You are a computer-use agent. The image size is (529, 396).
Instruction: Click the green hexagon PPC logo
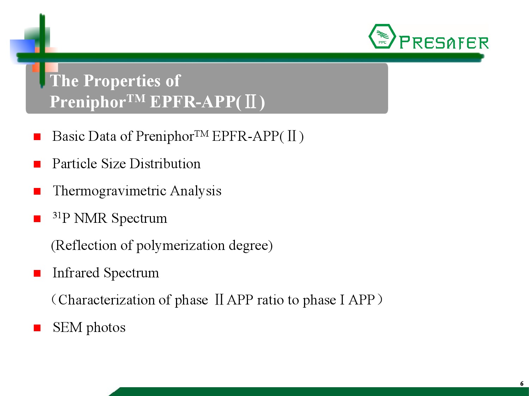[382, 36]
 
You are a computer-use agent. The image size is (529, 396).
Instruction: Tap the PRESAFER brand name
[444, 43]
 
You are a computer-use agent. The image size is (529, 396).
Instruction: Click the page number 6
[522, 383]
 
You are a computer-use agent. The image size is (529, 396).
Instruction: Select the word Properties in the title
[122, 81]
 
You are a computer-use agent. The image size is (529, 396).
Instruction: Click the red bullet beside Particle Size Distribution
[37, 164]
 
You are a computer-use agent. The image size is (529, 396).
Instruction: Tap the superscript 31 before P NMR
[57, 215]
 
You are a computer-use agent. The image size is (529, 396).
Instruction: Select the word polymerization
[181, 246]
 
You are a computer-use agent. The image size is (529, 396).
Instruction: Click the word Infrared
[76, 273]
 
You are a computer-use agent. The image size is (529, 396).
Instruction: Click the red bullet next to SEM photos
[37, 328]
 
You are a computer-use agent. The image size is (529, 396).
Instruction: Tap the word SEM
[67, 327]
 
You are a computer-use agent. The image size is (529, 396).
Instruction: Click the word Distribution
[165, 164]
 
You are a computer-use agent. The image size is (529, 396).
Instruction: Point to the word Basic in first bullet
[68, 136]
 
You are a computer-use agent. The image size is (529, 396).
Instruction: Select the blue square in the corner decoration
[23, 51]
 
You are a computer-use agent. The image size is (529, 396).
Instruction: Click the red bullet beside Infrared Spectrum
[37, 274]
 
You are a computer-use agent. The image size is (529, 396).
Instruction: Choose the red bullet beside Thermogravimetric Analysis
[37, 191]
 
